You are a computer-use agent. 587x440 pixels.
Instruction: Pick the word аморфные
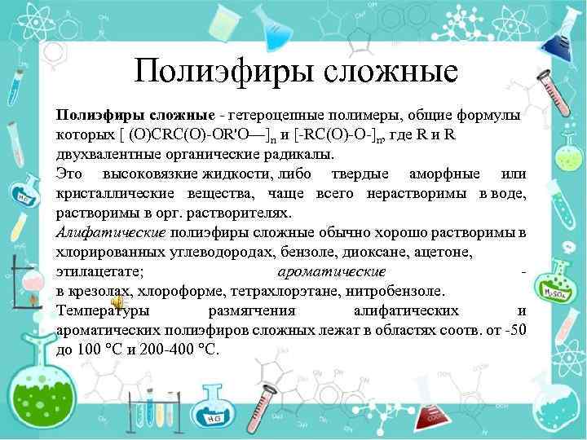pos(444,174)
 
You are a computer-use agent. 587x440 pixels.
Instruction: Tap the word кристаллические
pos(115,194)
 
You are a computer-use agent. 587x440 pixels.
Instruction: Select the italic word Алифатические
pos(110,233)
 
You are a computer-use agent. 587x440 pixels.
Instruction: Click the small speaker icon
pos(117,323)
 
